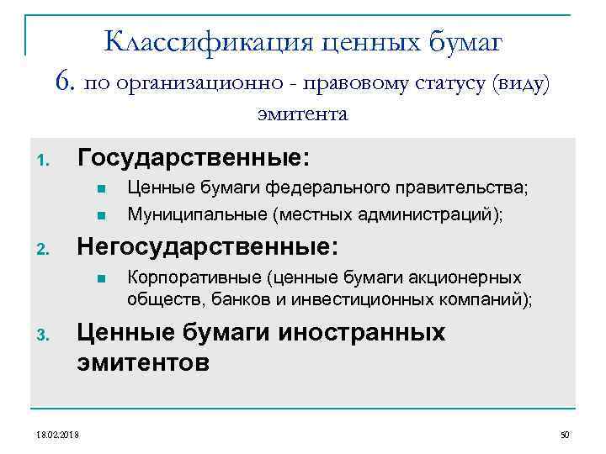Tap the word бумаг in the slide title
click(465, 40)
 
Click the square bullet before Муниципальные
click(99, 214)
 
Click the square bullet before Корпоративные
click(99, 278)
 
